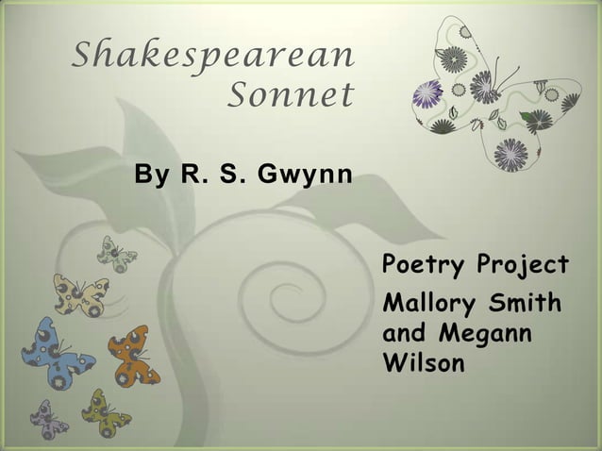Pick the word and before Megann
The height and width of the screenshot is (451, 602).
404,334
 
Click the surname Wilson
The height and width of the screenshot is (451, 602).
424,362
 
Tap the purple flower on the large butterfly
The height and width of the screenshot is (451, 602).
428,94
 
